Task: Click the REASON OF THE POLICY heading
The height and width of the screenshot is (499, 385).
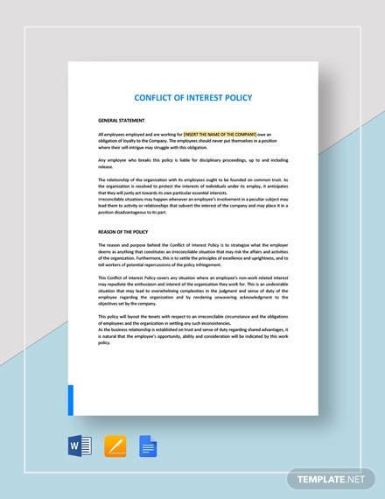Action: coord(126,231)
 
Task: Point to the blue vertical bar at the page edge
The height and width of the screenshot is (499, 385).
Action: coord(71,399)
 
